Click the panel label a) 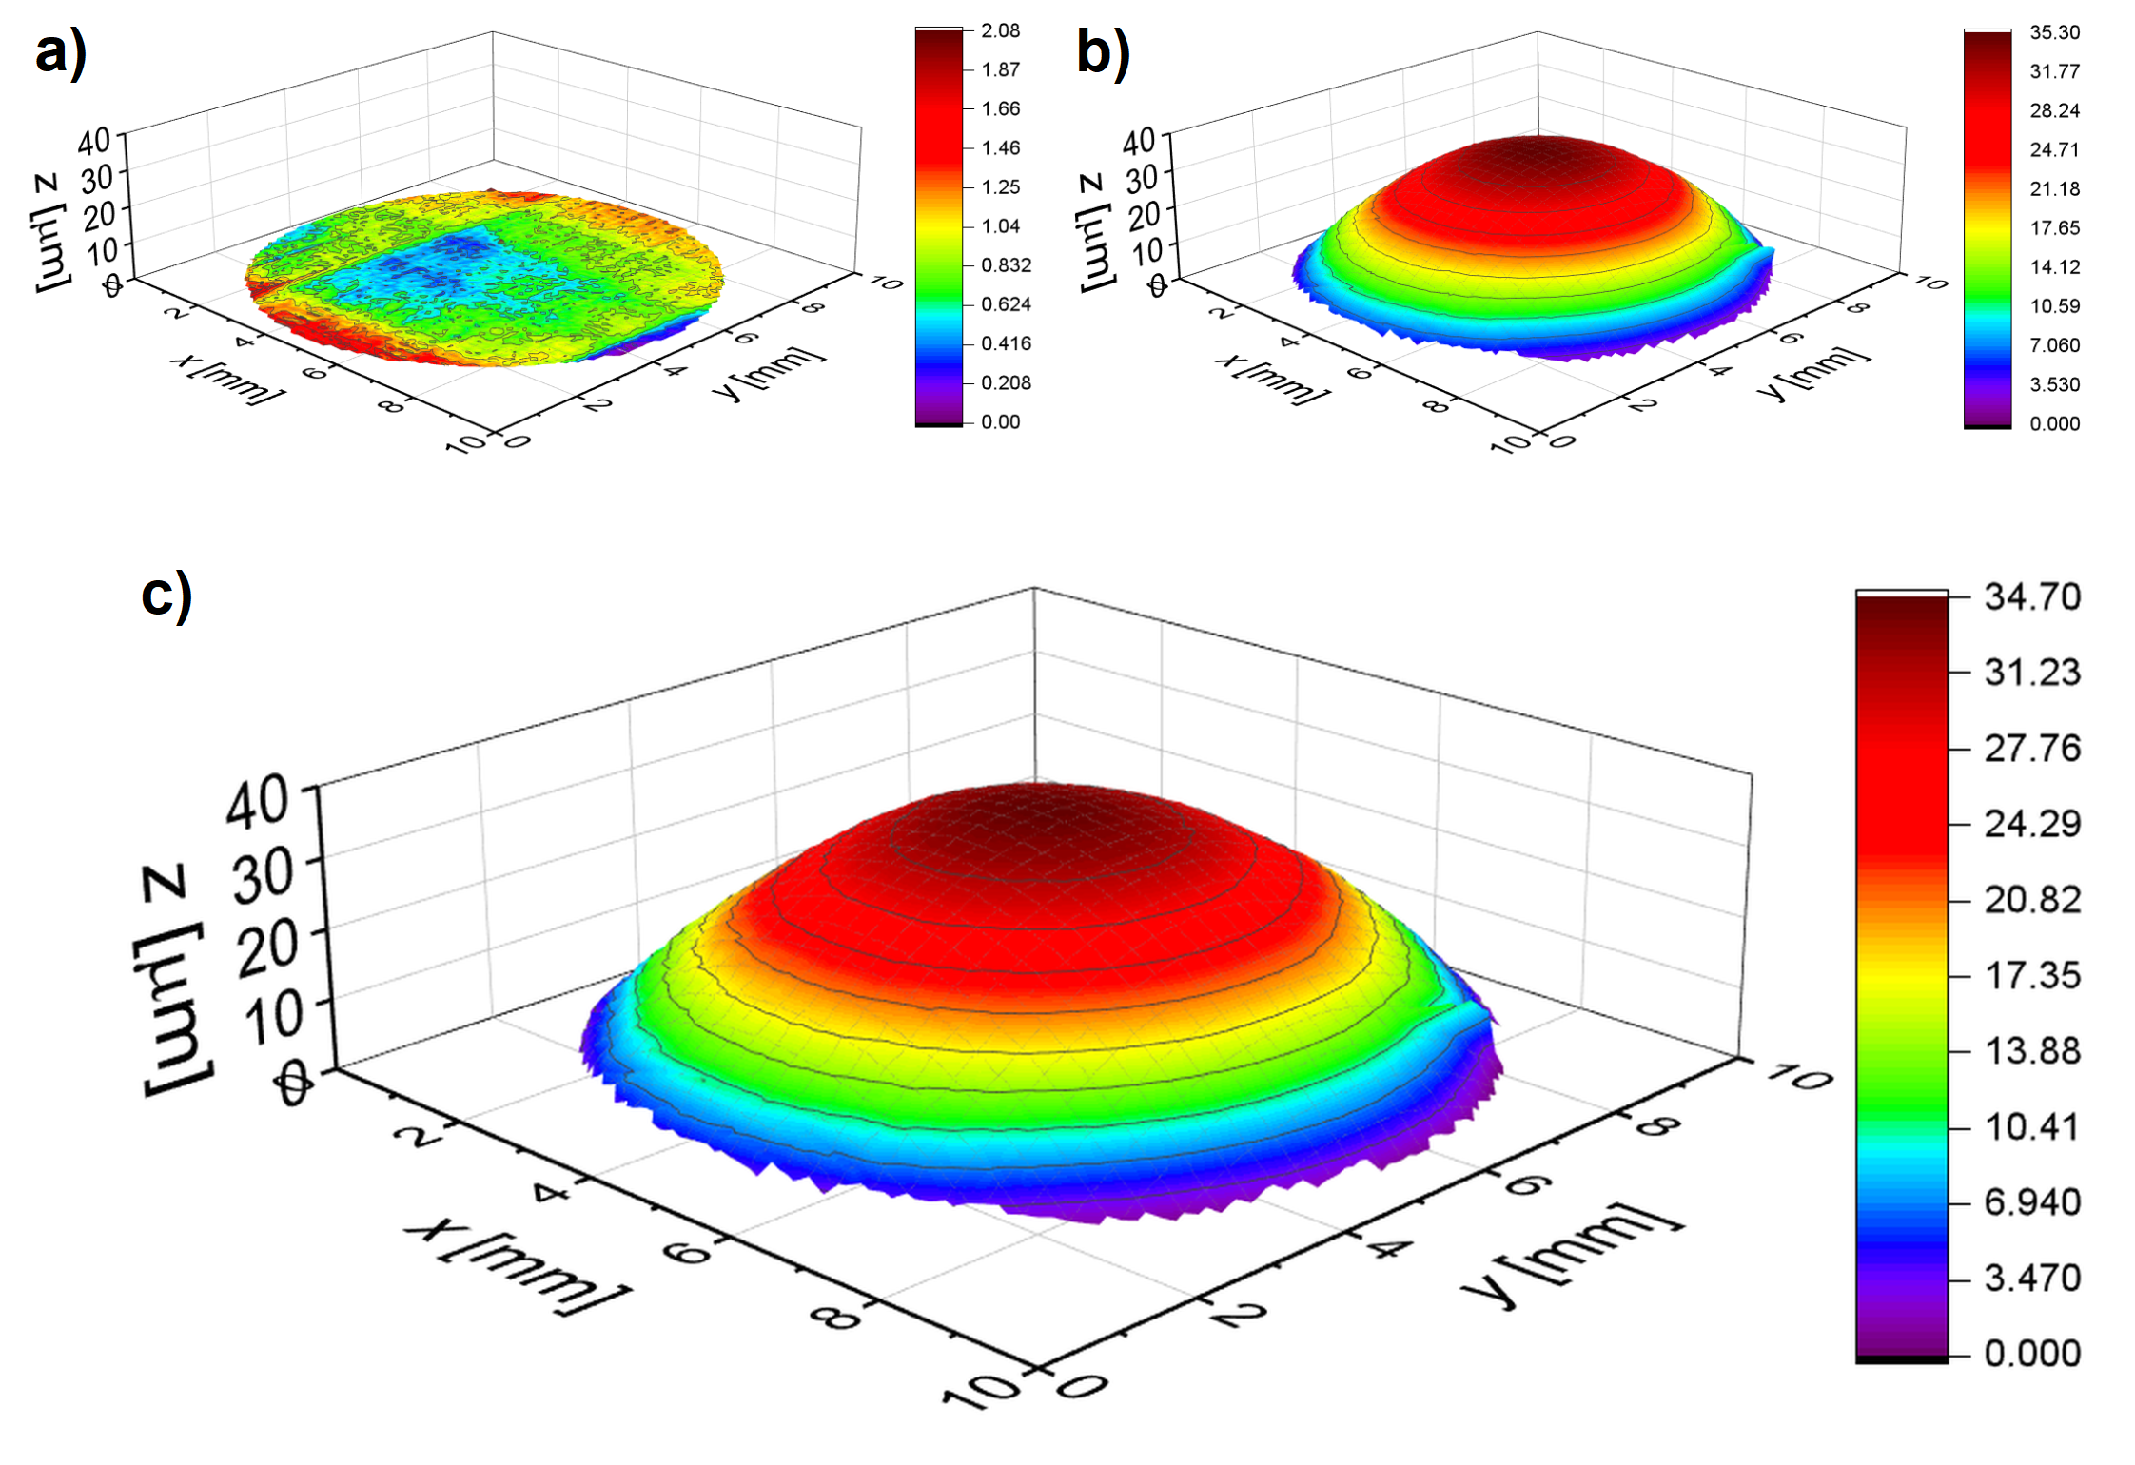coord(61,52)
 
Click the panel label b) coord(1104,52)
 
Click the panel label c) coord(167,596)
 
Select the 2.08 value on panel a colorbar coord(1000,30)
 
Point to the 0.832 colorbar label coord(1006,265)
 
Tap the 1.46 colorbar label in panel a coord(1000,147)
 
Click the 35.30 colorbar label coord(2054,32)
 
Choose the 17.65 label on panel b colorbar coord(2054,228)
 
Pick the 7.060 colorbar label coord(2054,345)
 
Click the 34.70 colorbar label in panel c coord(2032,597)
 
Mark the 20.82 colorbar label coord(2032,900)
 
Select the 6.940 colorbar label coord(2032,1203)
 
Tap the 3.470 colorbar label coord(2032,1279)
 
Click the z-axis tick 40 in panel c coord(257,801)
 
